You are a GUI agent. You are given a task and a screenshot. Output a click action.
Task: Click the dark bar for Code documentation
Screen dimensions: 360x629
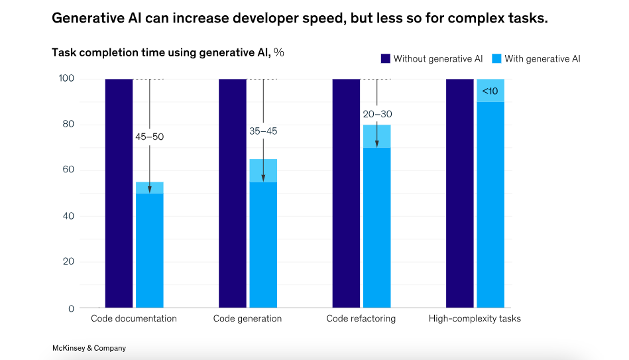pos(119,193)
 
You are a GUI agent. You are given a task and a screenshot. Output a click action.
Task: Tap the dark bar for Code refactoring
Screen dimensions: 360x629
pos(346,193)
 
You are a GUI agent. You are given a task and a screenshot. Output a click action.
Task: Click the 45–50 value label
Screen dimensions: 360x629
pos(149,137)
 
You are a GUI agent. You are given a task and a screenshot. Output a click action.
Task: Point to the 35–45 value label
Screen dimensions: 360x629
pos(263,131)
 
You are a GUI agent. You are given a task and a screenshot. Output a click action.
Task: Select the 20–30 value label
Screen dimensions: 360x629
pos(376,114)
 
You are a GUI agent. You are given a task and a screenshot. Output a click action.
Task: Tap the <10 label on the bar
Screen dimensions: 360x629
pos(490,90)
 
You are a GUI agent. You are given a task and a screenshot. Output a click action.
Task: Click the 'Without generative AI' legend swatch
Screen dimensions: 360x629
pos(386,59)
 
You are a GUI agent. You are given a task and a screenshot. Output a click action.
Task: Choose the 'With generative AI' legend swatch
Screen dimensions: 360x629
pos(496,59)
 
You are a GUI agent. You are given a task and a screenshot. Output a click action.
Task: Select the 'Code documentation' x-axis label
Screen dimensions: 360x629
pos(134,319)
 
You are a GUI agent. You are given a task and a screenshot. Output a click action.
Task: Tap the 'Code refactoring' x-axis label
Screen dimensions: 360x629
pos(361,319)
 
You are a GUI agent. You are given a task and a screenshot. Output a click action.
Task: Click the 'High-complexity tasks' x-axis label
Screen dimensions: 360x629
pos(475,319)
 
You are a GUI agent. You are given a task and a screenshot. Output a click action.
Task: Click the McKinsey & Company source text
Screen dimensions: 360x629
pos(89,348)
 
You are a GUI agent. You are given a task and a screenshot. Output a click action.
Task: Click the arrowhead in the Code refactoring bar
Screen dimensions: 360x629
pos(376,143)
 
